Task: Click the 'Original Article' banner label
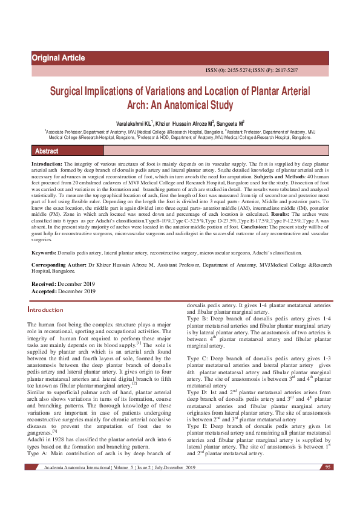[58, 58]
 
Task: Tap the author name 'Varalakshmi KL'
[134, 123]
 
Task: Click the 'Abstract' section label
[47, 151]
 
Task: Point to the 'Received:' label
[44, 284]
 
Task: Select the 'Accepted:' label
[44, 291]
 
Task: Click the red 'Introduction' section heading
[45, 310]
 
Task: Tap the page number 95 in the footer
[328, 467]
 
